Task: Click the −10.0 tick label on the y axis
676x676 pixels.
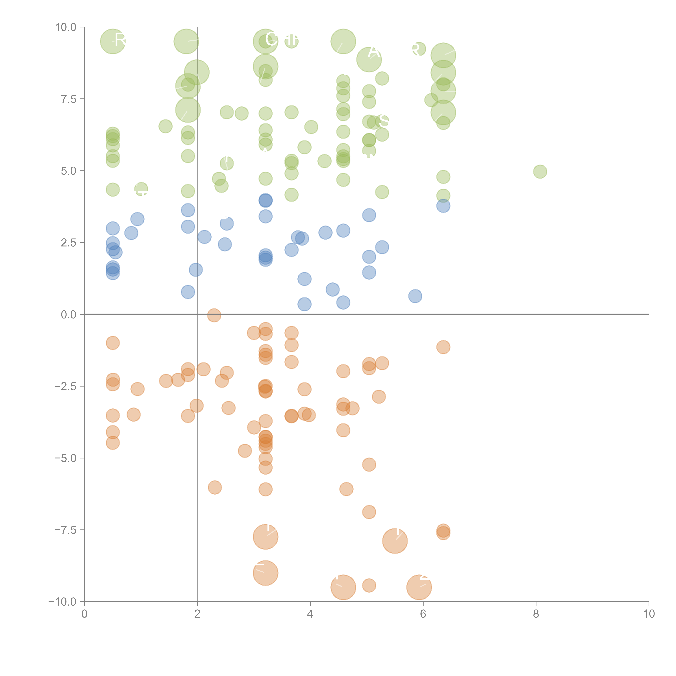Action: click(62, 602)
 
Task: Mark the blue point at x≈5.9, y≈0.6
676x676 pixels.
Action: click(415, 296)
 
